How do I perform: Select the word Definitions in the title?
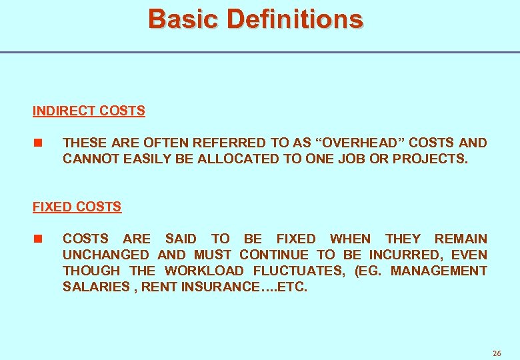(x=295, y=19)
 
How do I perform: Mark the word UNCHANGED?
(x=106, y=255)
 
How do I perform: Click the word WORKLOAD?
(x=205, y=271)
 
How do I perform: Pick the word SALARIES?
(x=93, y=287)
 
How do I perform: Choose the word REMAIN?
(x=461, y=239)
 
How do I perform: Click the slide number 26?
(x=497, y=353)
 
